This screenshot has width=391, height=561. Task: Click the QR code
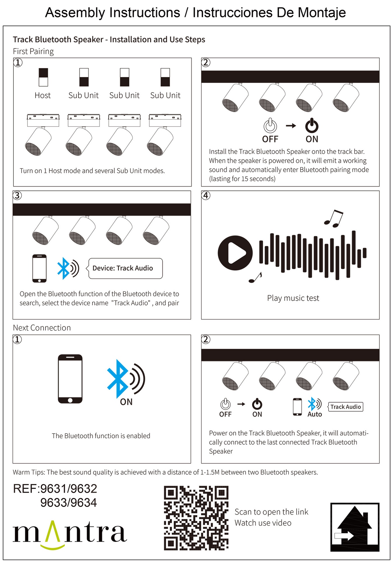(196, 518)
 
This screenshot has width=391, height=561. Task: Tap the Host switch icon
(43, 77)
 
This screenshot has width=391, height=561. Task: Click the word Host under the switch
(43, 96)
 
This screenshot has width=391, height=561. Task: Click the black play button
(235, 253)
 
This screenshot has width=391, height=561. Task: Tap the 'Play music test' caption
(293, 298)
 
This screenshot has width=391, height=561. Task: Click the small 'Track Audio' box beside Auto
(345, 407)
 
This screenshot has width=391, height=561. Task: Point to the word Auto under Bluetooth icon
(314, 414)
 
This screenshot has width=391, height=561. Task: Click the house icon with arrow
(355, 527)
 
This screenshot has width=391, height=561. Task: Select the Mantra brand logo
(70, 534)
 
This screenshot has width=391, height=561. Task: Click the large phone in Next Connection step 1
(70, 379)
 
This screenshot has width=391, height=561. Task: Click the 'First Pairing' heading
(33, 51)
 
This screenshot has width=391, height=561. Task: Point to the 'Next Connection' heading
(42, 328)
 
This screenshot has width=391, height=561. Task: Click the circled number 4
(206, 195)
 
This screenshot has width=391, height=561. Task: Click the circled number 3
(18, 195)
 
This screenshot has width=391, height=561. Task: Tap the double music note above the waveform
(334, 219)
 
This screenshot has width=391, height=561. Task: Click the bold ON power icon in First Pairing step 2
(312, 126)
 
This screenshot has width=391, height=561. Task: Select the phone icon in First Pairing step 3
(39, 268)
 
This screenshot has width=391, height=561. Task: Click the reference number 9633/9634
(69, 503)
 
